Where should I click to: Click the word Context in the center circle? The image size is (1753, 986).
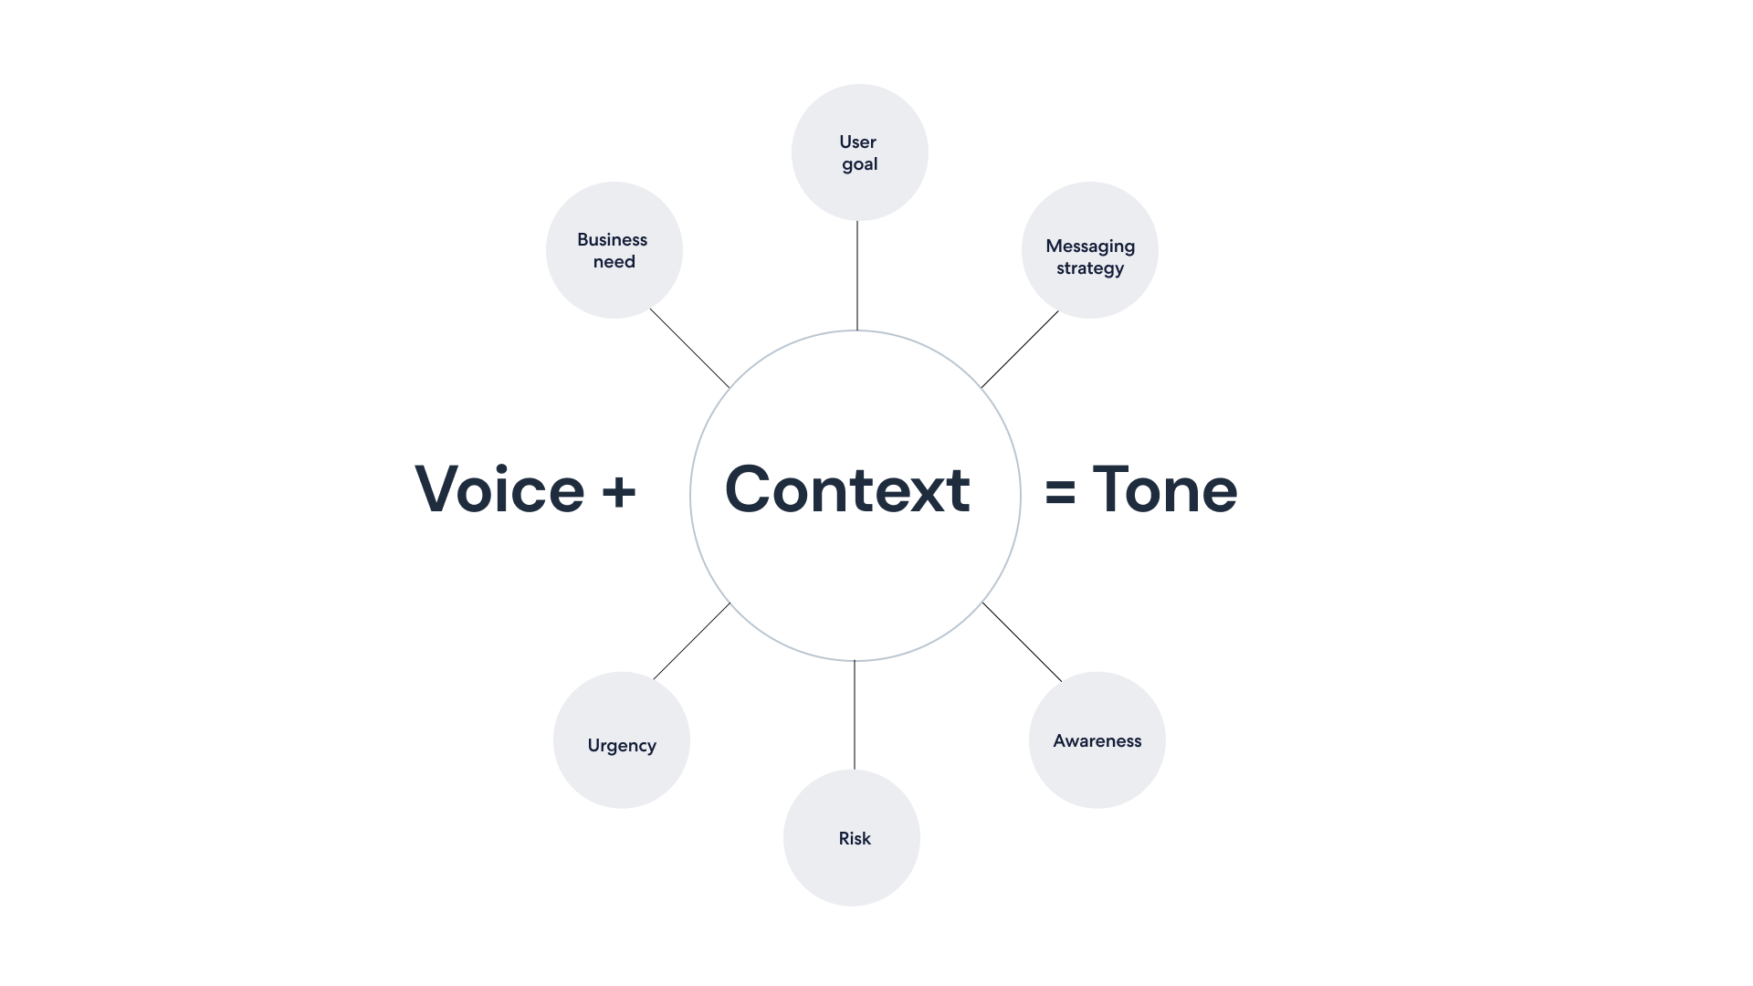(x=847, y=489)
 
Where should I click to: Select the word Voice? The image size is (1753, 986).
(x=499, y=489)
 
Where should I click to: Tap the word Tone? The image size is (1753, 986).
(x=1165, y=489)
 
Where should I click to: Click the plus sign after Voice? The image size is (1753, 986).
(x=619, y=491)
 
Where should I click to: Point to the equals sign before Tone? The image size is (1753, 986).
(x=1060, y=493)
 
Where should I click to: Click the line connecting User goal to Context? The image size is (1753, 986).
(x=856, y=275)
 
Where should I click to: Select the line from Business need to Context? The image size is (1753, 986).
(x=689, y=348)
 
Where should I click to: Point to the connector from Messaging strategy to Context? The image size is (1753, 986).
(x=1020, y=350)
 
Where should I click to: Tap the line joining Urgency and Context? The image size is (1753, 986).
(x=691, y=641)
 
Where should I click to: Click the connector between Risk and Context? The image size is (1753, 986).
(x=855, y=715)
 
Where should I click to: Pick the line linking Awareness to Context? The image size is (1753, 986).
(x=1023, y=642)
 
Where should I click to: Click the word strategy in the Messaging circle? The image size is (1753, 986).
(x=1090, y=268)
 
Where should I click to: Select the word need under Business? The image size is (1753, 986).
(x=614, y=262)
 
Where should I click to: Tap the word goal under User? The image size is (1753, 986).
(x=859, y=164)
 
